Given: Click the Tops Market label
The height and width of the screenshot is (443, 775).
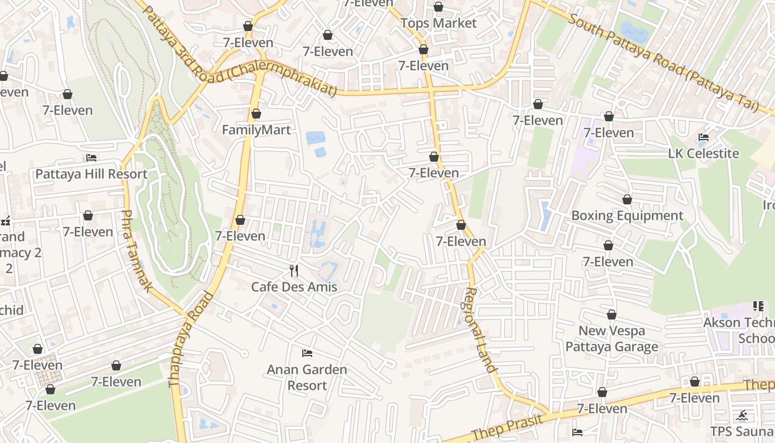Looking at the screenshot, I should coord(438,23).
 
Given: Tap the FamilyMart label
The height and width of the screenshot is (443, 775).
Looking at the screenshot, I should coord(256,130).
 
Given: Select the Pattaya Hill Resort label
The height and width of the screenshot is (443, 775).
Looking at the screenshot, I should coord(91,174).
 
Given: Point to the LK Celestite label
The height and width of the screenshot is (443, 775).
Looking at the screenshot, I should coord(704,153).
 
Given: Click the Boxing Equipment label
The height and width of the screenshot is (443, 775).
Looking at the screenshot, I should coord(627,215).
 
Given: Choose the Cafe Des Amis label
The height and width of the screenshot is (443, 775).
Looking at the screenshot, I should coord(294,287).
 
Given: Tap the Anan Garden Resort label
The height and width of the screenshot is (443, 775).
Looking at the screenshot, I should coord(307,377).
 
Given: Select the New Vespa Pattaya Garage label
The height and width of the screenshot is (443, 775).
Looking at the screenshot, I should coord(612,338).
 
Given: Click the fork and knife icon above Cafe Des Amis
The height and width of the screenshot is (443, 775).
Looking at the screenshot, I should coord(294,270).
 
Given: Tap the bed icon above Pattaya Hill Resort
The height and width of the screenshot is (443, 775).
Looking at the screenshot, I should coord(91,158).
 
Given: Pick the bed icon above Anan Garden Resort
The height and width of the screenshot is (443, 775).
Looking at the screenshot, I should coord(307,353).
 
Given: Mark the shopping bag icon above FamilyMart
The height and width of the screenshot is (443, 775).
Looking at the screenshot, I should coord(256,114).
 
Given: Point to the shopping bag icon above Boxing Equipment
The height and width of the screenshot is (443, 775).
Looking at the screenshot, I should coord(627,199).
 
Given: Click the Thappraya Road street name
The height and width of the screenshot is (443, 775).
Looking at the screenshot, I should coord(190,339).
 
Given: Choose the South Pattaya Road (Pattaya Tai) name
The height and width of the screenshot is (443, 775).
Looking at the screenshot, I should coord(663,64).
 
